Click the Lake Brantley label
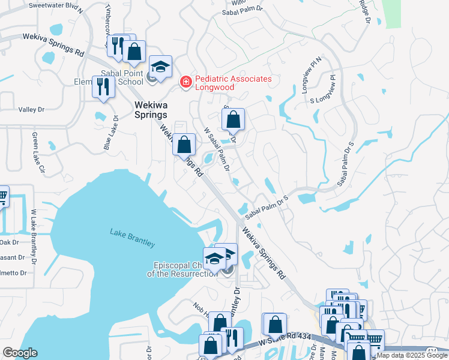[x=132, y=238]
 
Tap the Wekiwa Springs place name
[x=150, y=109]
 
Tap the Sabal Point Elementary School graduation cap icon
[x=160, y=66]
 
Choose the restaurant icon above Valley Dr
[x=103, y=87]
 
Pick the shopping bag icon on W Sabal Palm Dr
[x=234, y=119]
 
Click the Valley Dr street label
[x=32, y=110]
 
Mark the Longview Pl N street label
[x=311, y=77]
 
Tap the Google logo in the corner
[x=20, y=353]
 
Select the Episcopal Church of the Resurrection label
[x=181, y=269]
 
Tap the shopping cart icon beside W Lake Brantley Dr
[x=3, y=196]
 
